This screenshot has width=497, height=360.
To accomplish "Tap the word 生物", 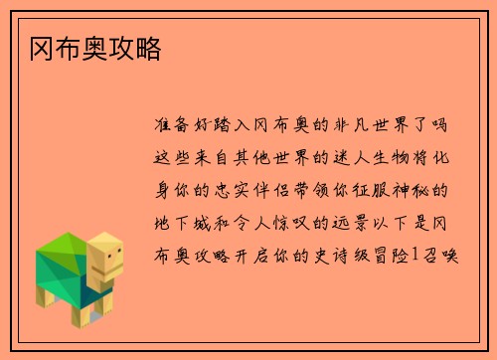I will pyautogui.click(x=386, y=157).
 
